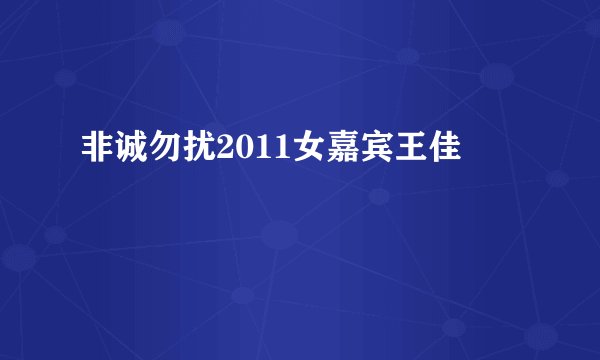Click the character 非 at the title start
pyautogui.click(x=97, y=152)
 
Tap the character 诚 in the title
pyautogui.click(x=131, y=152)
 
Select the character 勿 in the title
pyautogui.click(x=165, y=152)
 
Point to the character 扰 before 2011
pyautogui.click(x=199, y=152)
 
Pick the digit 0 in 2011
pyautogui.click(x=242, y=153)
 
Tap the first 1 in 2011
pyautogui.click(x=259, y=153)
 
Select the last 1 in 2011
pyautogui.click(x=276, y=153)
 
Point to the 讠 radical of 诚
pyautogui.click(x=120, y=153)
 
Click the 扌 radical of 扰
pyautogui.click(x=188, y=153)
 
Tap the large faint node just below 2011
pyautogui.click(x=279, y=236)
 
